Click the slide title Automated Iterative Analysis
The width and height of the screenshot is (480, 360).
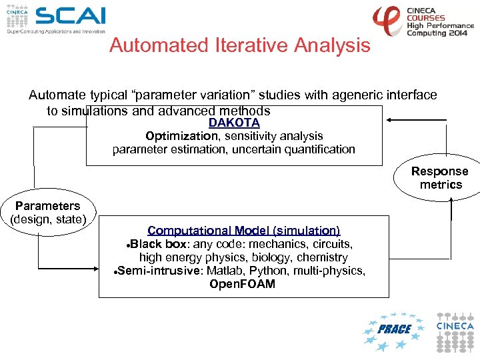pyautogui.click(x=239, y=45)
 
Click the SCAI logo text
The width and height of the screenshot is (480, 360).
pyautogui.click(x=70, y=16)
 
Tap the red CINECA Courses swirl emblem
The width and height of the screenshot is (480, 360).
pyautogui.click(x=387, y=21)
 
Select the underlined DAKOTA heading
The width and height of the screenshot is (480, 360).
pyautogui.click(x=234, y=123)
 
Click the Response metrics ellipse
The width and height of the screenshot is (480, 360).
pyautogui.click(x=441, y=178)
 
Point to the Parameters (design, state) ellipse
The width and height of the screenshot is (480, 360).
pyautogui.click(x=47, y=213)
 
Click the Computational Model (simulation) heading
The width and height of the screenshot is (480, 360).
pyautogui.click(x=244, y=231)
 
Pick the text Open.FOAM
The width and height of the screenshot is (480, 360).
pyautogui.click(x=242, y=284)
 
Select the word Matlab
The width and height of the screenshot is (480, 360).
pyautogui.click(x=226, y=271)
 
